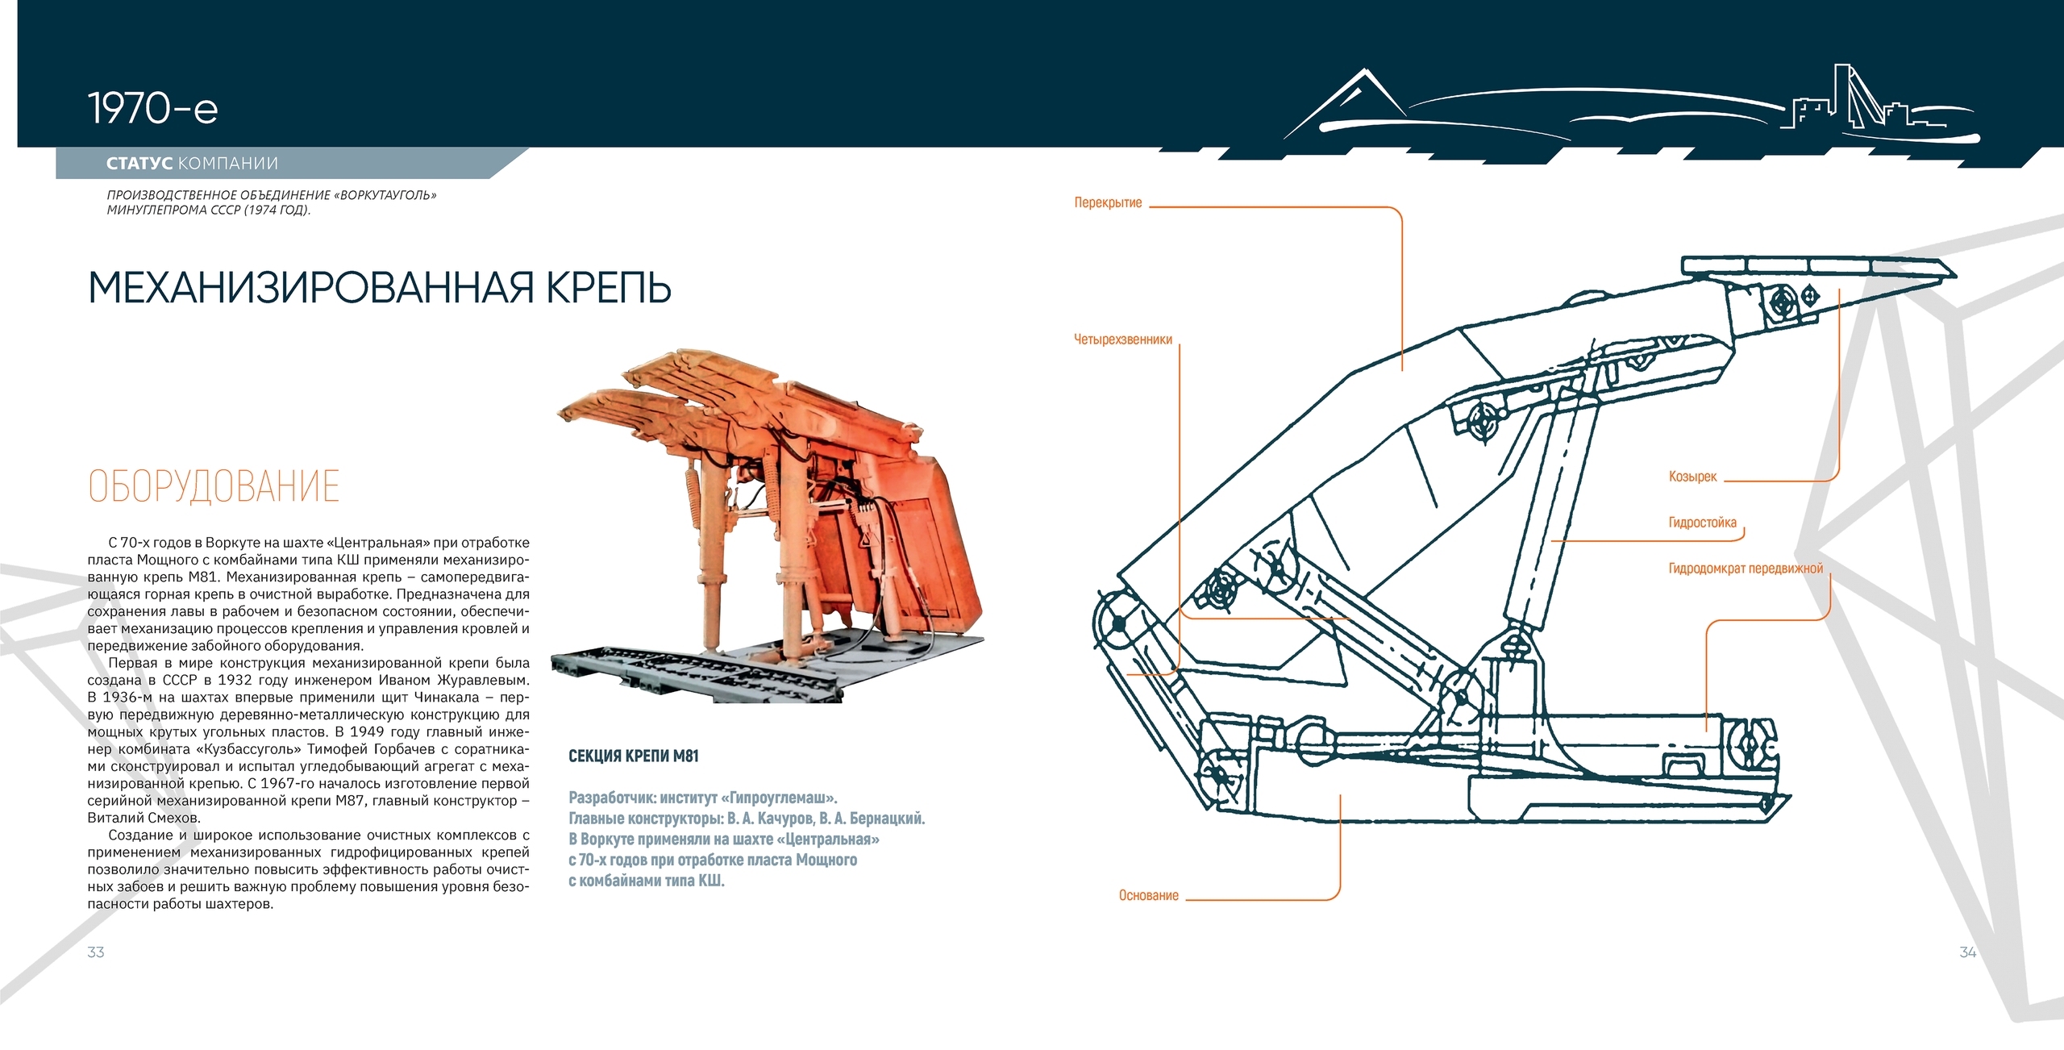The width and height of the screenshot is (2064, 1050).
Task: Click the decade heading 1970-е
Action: click(x=152, y=109)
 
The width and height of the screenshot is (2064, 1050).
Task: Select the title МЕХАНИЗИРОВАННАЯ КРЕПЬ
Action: click(x=379, y=288)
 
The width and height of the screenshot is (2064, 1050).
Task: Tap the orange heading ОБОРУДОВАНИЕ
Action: click(x=214, y=486)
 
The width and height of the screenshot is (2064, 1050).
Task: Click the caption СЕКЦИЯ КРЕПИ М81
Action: click(x=634, y=756)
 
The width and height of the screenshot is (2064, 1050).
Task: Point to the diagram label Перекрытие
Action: click(x=1108, y=202)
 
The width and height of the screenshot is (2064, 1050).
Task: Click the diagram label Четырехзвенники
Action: click(x=1123, y=340)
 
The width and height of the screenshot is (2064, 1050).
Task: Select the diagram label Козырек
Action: click(x=1692, y=477)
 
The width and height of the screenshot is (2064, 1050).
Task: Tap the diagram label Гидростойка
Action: click(x=1702, y=523)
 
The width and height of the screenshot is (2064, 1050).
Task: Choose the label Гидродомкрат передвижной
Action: click(x=1746, y=569)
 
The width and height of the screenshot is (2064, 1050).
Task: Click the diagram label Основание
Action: click(x=1149, y=895)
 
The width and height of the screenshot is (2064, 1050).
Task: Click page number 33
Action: click(x=96, y=952)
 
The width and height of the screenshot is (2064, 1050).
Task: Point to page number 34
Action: click(x=1968, y=952)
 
